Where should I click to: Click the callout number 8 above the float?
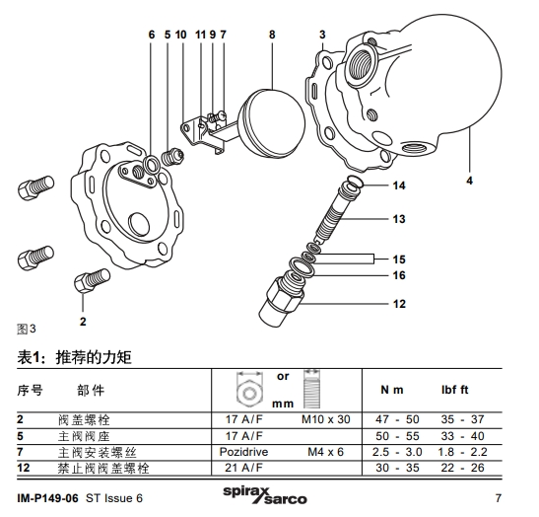[272, 35]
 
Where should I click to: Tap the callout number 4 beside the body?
[468, 181]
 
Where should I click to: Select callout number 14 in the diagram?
[399, 185]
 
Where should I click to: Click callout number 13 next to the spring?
[399, 219]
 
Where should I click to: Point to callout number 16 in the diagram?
[399, 275]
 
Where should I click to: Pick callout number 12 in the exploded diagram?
[399, 304]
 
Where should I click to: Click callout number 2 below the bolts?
[83, 321]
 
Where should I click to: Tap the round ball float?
[263, 116]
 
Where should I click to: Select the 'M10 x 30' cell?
[325, 419]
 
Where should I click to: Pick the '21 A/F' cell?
[250, 467]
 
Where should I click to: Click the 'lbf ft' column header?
[459, 390]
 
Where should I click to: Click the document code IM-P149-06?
[49, 497]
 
